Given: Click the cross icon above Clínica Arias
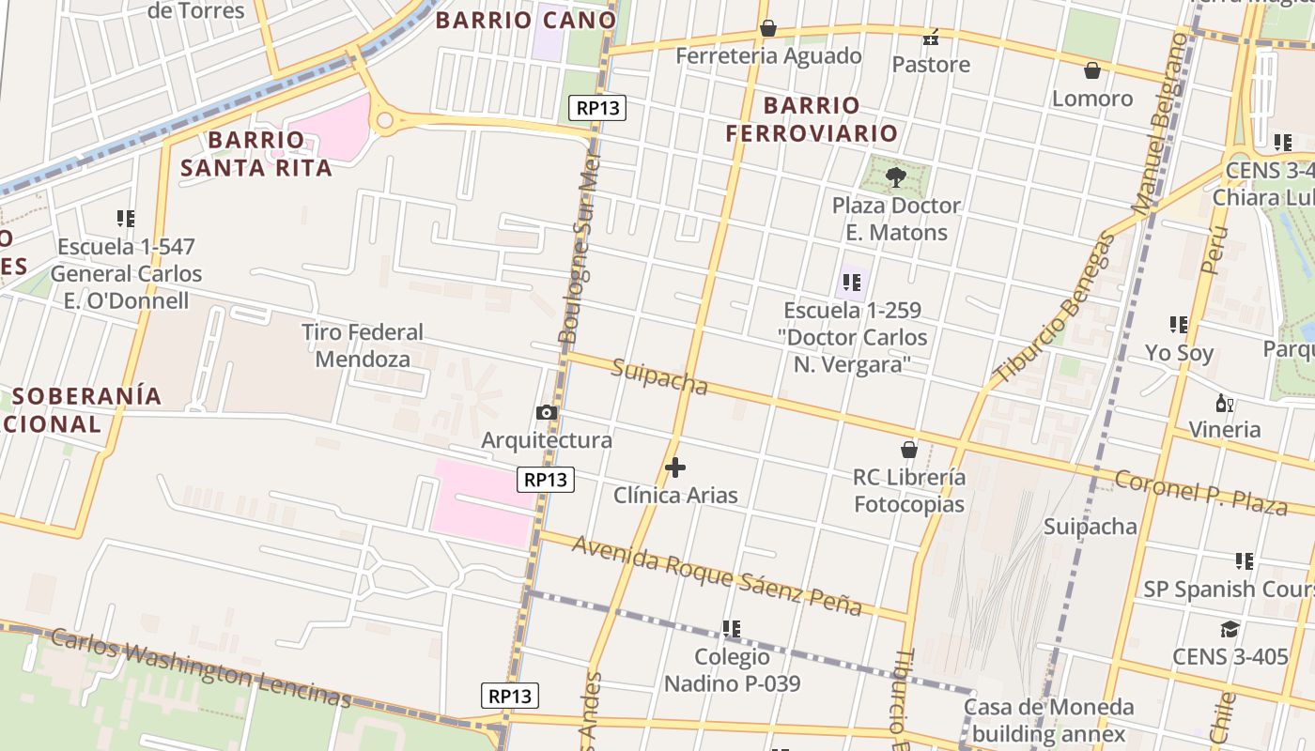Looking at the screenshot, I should (674, 467).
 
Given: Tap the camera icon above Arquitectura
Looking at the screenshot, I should (546, 413).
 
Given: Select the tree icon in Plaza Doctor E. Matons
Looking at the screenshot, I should (895, 176).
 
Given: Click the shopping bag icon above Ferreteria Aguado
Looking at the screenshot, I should (768, 29).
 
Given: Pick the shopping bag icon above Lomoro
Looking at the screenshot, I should (1091, 70).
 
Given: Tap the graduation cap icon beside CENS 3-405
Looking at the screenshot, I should (1230, 629).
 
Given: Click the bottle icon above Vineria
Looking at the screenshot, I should (1224, 404).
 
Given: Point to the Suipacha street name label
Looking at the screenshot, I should (658, 375).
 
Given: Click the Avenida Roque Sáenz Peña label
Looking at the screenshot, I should (717, 575).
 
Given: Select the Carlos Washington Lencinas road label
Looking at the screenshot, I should (200, 668).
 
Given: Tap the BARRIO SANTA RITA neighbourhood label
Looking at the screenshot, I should (256, 154).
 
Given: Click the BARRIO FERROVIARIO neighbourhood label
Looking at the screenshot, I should (812, 118).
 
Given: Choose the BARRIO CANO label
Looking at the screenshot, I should (526, 19).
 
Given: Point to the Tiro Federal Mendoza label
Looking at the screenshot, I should (363, 345).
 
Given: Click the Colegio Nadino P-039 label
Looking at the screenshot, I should (732, 669).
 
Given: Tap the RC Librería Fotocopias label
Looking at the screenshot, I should (908, 490).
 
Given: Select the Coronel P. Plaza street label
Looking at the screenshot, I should (1199, 494).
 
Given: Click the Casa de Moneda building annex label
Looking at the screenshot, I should (1048, 720).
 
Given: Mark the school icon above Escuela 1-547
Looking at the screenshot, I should (125, 219).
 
